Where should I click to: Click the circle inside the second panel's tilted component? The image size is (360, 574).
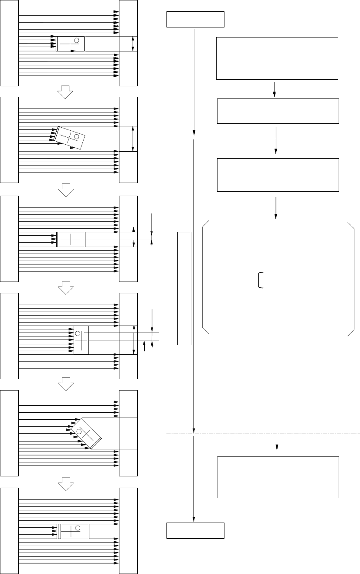pos(77,137)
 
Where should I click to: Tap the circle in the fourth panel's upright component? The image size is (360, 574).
pos(78,333)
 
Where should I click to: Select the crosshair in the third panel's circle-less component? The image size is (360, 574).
pos(71,239)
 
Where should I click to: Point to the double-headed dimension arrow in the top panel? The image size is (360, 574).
pos(133,44)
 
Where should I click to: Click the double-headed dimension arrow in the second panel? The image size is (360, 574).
pos(132,139)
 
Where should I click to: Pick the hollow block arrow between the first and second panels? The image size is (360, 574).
pos(65,91)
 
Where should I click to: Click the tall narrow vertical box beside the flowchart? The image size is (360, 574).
pos(184,288)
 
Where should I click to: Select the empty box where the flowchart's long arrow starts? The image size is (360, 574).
pos(195,20)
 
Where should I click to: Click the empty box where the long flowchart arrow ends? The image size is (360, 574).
pos(195,530)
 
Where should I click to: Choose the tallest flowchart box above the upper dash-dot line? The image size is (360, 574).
pos(277,58)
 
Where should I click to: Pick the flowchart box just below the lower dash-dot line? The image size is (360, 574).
pos(278,477)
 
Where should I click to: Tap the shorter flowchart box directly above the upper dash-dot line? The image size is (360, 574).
pos(278,111)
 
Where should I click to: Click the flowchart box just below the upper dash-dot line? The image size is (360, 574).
pos(278,175)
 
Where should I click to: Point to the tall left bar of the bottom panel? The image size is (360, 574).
pos(10,530)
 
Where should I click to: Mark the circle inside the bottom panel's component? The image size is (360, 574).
pos(78,528)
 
